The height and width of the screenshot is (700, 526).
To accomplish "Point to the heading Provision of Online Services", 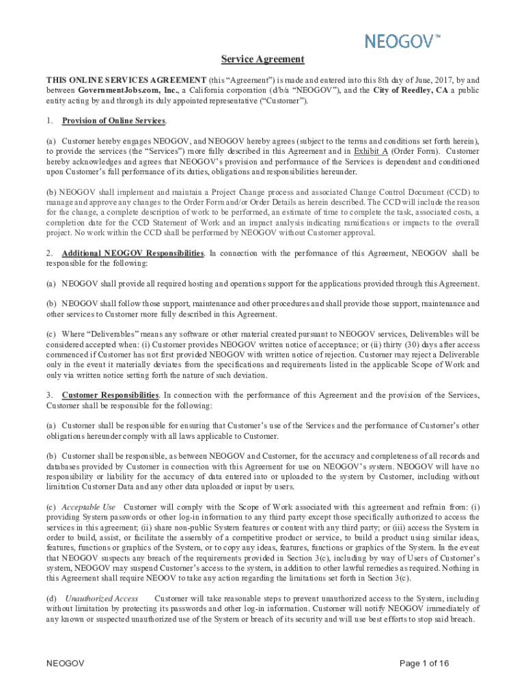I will pos(113,121).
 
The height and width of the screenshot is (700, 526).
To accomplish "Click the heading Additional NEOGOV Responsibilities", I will pos(133,253).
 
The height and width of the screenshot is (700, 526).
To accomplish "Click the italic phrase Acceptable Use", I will pos(88,507).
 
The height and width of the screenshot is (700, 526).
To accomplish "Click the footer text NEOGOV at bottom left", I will pos(65,664).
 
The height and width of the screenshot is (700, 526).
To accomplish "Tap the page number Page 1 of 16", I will pos(424,664).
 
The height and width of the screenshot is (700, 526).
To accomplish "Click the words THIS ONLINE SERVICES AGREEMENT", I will pos(126,79).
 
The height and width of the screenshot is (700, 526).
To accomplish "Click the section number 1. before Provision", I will pos(50,121).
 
